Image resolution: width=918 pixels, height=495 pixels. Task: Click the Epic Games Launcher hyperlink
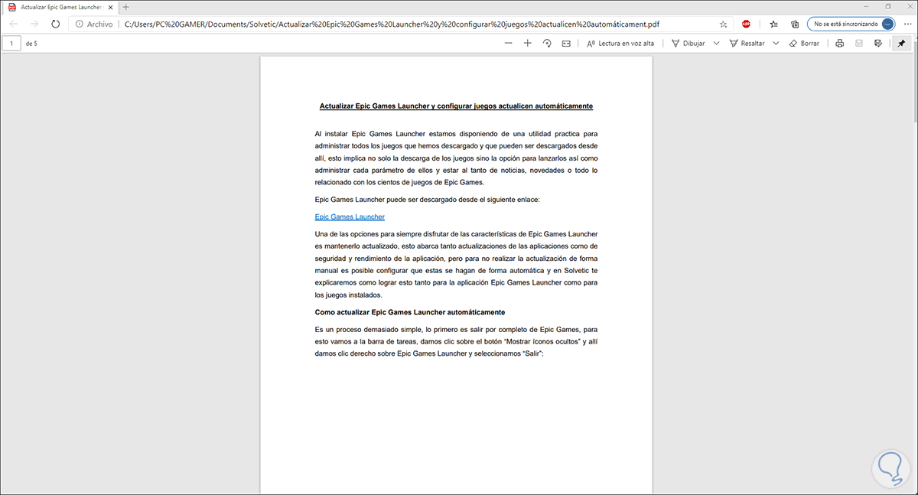pos(350,217)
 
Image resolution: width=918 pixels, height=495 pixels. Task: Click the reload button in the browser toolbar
pos(56,24)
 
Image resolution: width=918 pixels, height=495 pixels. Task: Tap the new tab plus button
pos(126,7)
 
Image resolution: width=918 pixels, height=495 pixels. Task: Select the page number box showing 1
pos(12,44)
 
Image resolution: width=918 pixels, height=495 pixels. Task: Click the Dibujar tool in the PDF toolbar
pos(688,44)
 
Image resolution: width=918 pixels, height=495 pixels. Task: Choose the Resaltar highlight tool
pos(747,44)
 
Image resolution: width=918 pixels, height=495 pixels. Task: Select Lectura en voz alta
pos(621,44)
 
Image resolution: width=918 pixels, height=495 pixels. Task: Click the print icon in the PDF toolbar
pos(839,44)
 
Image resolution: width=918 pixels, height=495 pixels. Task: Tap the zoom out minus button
pos(509,44)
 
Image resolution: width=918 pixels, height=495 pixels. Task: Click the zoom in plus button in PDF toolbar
pos(527,44)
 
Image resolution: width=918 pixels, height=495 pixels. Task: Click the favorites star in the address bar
pos(723,24)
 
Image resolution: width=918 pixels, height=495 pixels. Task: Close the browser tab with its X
pos(111,7)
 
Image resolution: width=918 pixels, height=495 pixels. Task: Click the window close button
pos(906,7)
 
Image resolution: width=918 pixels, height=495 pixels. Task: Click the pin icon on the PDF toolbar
pos(900,44)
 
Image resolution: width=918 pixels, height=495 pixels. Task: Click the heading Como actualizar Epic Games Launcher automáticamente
pos(409,312)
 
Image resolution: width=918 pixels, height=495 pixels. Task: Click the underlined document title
pos(456,106)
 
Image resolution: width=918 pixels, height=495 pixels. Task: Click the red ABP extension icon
pos(746,24)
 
